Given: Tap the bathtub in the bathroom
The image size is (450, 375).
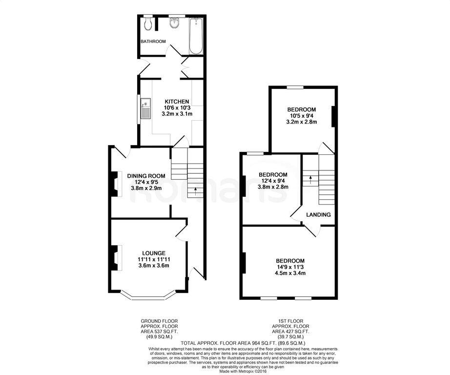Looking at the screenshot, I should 196,36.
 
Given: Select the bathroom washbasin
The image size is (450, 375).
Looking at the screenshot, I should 175,21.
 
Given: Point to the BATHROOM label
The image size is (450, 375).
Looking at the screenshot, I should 153,42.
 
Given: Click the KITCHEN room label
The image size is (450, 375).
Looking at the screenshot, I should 176,102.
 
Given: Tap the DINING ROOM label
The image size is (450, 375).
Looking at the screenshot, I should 146,176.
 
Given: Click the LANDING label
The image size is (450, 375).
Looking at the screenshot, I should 318,214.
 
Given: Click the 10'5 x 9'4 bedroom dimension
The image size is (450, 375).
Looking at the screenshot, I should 302,116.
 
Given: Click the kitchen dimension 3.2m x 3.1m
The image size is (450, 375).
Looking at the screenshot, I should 177,114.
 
